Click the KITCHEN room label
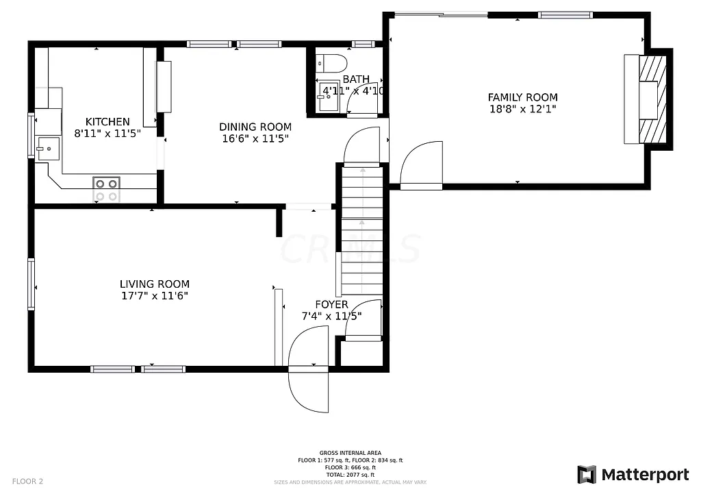pos(107,122)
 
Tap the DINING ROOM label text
pos(255,127)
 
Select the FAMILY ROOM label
pos(522,97)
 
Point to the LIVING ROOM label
pos(154,284)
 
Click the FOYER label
pos(331,305)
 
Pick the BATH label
pos(356,79)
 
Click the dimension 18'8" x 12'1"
pos(522,109)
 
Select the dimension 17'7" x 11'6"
pos(154,296)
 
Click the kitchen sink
pos(48,148)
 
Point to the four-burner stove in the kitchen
pos(106,190)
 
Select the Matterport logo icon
pos(586,474)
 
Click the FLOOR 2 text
pos(27,481)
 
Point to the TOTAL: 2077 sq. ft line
pos(350,475)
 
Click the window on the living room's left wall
pos(31,284)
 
